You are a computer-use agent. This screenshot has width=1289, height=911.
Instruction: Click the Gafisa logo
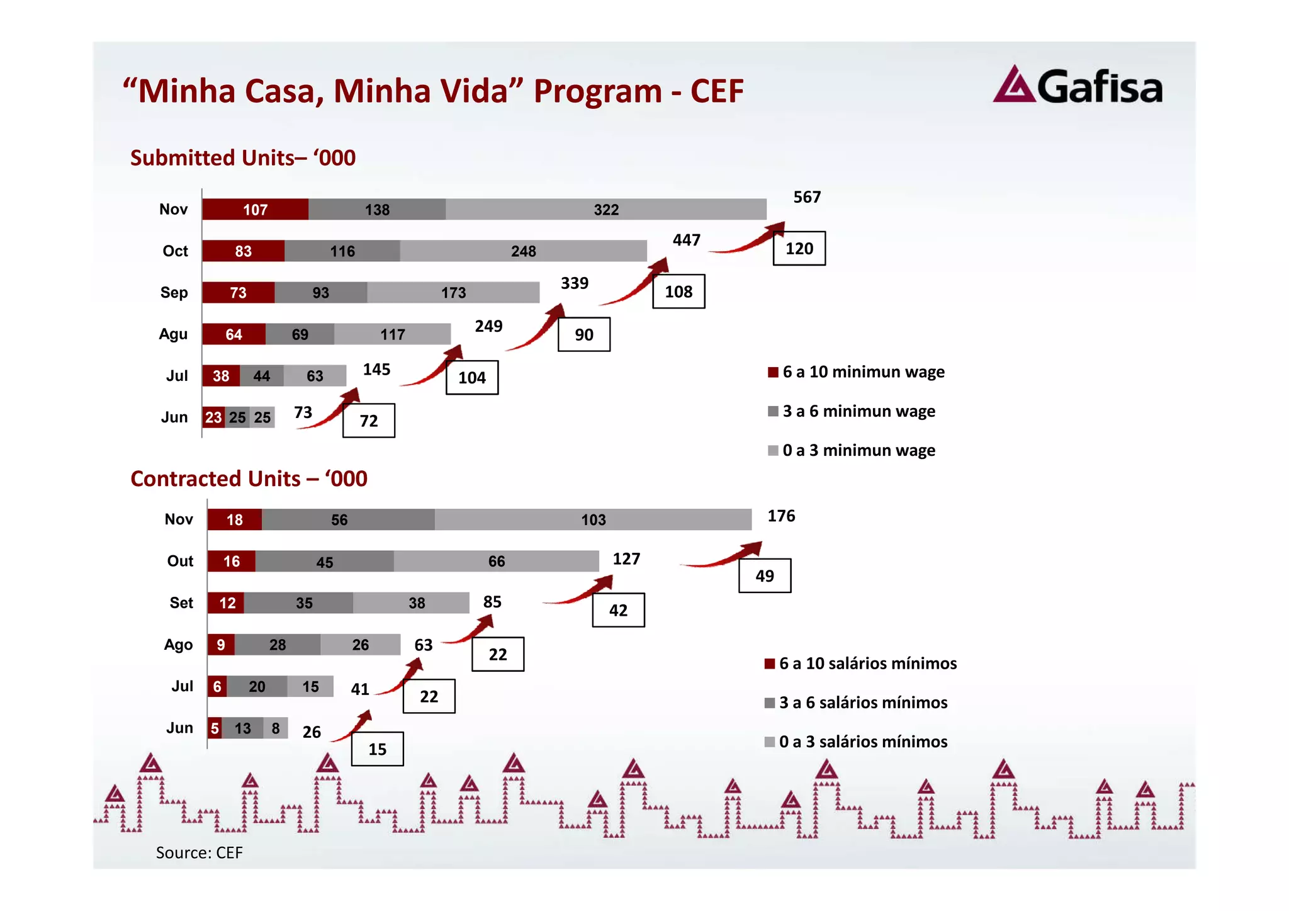coord(1078,86)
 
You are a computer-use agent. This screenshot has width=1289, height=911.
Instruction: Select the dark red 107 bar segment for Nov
coord(256,210)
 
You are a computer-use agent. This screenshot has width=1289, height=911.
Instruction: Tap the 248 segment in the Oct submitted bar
coord(523,251)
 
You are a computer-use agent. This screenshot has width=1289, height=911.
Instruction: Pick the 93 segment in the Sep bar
coord(321,293)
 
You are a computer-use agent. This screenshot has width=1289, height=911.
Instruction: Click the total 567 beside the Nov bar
coord(807,197)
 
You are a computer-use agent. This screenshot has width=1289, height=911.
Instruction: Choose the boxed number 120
coord(799,249)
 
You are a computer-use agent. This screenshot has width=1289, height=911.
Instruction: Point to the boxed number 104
coord(472,378)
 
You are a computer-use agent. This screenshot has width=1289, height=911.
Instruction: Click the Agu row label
coord(173,334)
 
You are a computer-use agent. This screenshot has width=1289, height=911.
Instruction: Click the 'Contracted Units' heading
coord(249,478)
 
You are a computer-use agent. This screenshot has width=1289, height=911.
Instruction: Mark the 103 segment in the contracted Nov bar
coord(593,520)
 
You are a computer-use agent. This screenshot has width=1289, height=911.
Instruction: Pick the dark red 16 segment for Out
coord(232,562)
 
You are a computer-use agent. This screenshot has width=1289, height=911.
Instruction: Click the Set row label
coord(181,603)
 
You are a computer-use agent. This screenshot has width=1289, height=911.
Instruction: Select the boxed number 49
coord(765,576)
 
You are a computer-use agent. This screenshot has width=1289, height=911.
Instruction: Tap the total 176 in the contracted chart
coord(781,516)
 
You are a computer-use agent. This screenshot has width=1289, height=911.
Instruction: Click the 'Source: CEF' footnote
coord(199,852)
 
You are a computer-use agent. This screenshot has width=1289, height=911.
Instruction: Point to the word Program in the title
coord(598,91)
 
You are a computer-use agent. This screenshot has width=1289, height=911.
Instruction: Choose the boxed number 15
coord(378,749)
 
